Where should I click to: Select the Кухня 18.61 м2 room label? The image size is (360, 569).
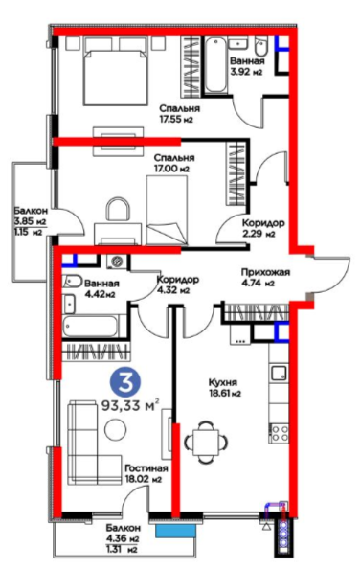(225, 388)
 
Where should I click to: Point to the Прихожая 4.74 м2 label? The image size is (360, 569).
(266, 277)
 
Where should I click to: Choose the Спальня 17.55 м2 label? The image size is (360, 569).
(179, 114)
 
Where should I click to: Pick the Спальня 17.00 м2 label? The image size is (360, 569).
(174, 163)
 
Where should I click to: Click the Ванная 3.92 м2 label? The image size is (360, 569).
(247, 66)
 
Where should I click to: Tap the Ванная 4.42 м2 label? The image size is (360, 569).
(100, 289)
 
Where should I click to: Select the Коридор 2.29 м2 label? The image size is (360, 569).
(263, 228)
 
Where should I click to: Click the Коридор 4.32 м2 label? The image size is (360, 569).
(178, 284)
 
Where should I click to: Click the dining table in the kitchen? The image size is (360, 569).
(206, 442)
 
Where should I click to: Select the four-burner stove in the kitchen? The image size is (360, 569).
(279, 433)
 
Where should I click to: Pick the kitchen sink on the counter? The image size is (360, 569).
(279, 373)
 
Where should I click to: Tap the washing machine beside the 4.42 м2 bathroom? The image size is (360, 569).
(117, 261)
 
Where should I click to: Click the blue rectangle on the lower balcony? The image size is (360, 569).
(176, 532)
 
